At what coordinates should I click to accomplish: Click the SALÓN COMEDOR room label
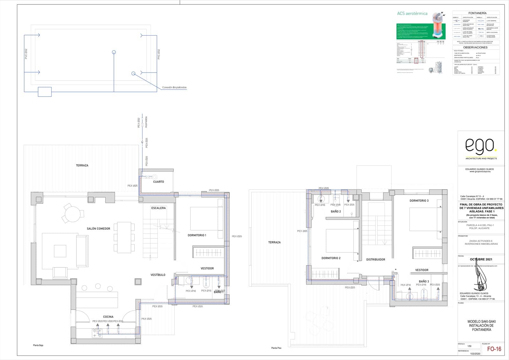98,229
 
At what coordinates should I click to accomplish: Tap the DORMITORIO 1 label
197,235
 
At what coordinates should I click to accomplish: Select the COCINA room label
108,317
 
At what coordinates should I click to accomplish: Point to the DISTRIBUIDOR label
375,259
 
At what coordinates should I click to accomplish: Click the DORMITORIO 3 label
419,201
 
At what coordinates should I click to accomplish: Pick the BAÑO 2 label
336,211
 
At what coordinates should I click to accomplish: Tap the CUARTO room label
158,182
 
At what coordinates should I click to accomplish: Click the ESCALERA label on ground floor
158,208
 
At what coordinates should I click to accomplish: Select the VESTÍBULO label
158,275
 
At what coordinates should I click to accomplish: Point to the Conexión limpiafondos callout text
174,87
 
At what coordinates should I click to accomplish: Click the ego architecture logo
480,146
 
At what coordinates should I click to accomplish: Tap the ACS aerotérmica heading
412,14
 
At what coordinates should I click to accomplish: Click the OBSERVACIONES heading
475,47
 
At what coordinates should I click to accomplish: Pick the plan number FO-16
494,349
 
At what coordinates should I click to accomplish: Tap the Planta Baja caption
38,345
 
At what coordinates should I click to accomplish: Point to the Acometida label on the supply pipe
146,122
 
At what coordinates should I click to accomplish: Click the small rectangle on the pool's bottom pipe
45,92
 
